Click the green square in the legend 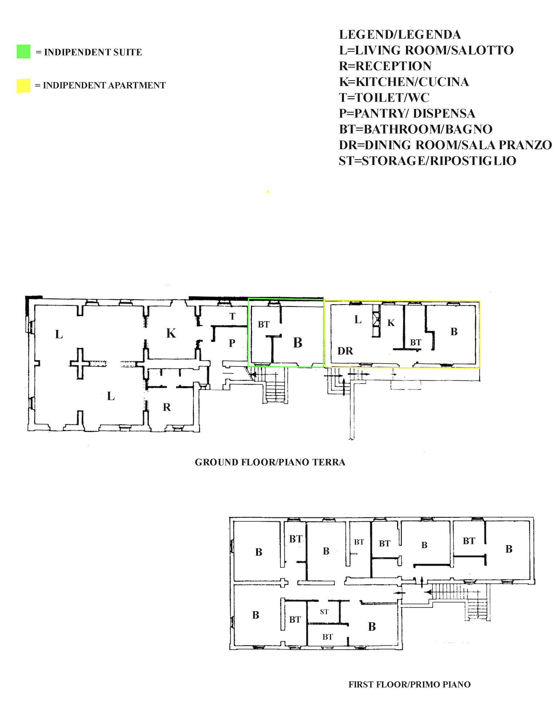pyautogui.click(x=23, y=52)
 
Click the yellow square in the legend pyautogui.click(x=23, y=86)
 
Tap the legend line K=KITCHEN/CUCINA pyautogui.click(x=404, y=82)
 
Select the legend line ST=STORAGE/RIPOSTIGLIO pyautogui.click(x=427, y=161)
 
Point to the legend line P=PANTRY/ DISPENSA pyautogui.click(x=407, y=114)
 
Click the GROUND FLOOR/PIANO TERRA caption pyautogui.click(x=270, y=462)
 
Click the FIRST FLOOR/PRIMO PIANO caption pyautogui.click(x=410, y=684)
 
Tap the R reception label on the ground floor pyautogui.click(x=167, y=407)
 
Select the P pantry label pyautogui.click(x=232, y=343)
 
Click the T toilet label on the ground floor pyautogui.click(x=232, y=316)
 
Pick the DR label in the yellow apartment pyautogui.click(x=345, y=351)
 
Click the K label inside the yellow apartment pyautogui.click(x=391, y=323)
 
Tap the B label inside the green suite pyautogui.click(x=298, y=343)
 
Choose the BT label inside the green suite pyautogui.click(x=264, y=324)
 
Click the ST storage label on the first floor pyautogui.click(x=324, y=612)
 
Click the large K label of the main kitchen pyautogui.click(x=171, y=333)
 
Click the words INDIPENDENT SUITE pyautogui.click(x=93, y=52)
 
